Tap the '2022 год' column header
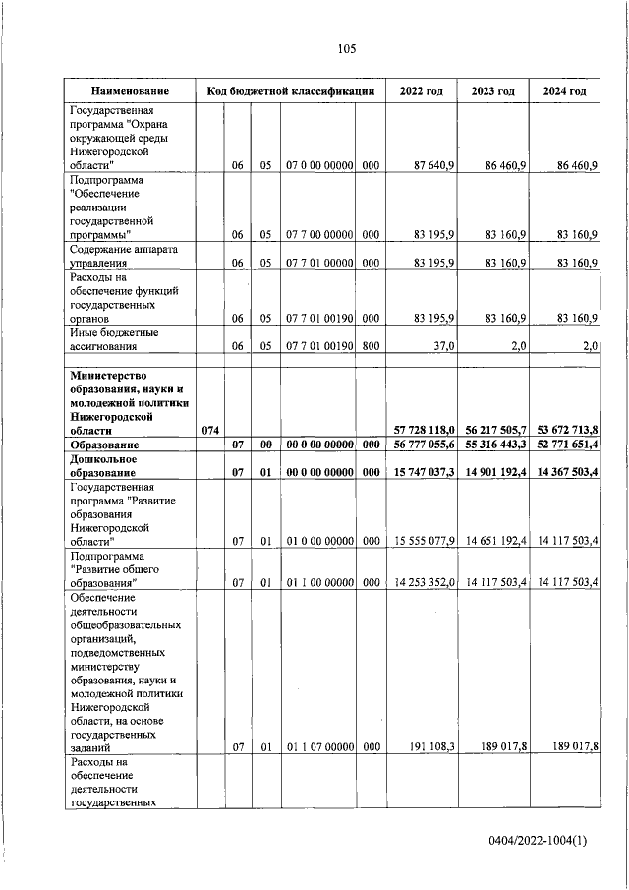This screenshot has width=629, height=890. point(421,91)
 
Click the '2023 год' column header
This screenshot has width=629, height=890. point(493,91)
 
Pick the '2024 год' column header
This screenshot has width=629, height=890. point(565,91)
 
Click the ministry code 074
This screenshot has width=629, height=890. point(210,431)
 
